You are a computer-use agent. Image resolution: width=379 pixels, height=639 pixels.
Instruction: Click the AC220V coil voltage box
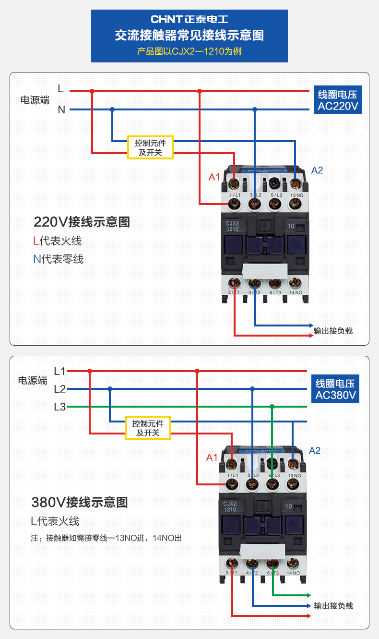[338, 100]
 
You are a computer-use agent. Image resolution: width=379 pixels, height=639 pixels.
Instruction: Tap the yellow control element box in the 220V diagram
[150, 147]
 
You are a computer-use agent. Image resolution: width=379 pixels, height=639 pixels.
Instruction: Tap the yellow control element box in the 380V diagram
[148, 428]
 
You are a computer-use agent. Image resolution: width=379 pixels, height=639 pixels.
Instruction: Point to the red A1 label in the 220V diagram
[214, 177]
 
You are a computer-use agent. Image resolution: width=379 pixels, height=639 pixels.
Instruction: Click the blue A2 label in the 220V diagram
[317, 170]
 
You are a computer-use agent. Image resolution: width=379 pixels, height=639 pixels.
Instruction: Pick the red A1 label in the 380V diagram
[212, 458]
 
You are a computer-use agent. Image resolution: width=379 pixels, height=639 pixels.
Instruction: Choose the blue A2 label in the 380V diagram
[315, 451]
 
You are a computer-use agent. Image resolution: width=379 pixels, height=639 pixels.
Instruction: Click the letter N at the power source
[61, 110]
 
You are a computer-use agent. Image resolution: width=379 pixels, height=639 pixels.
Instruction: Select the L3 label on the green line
[59, 407]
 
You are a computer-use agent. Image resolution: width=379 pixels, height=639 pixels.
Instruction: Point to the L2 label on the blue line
[59, 389]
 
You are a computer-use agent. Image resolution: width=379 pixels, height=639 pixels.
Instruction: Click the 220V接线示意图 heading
[82, 222]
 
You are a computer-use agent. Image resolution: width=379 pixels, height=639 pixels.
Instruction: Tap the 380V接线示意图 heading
[80, 503]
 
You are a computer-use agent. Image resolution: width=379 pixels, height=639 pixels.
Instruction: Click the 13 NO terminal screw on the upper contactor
[295, 204]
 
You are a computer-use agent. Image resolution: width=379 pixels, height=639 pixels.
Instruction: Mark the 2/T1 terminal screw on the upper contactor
[235, 283]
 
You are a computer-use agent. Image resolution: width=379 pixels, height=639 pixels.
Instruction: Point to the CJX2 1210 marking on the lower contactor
[230, 506]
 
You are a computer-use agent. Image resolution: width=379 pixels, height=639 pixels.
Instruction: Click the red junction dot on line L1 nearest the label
[90, 371]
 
